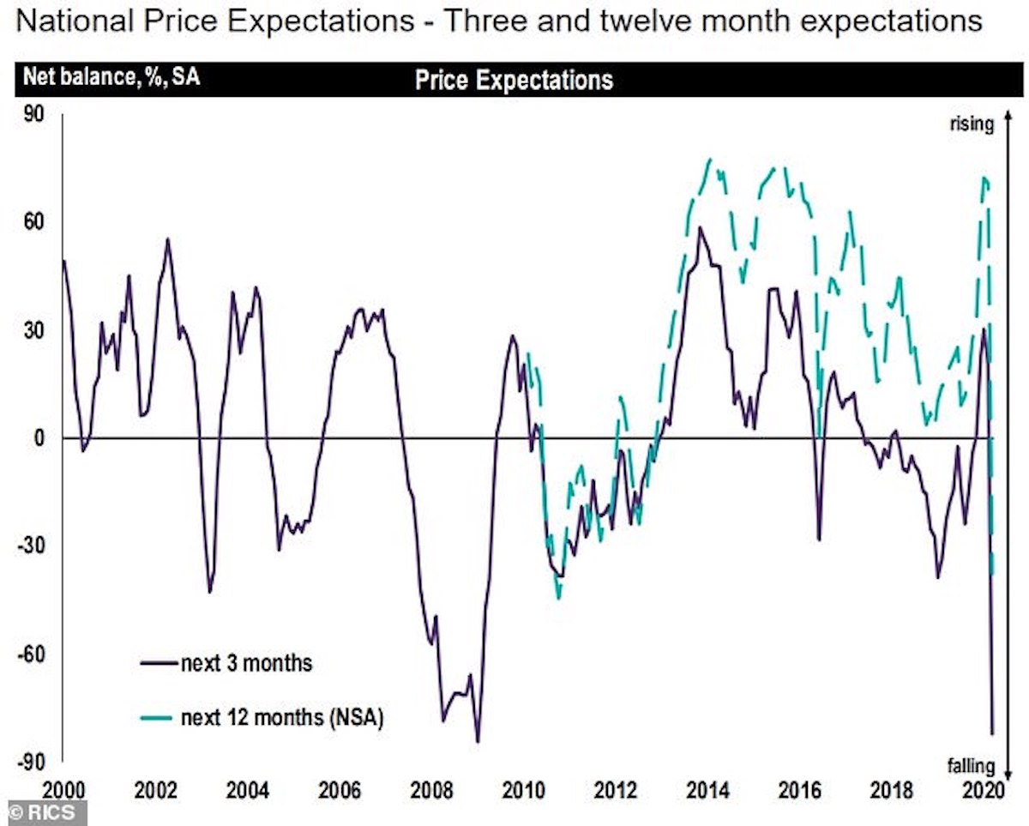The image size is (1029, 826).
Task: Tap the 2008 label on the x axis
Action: pyautogui.click(x=428, y=788)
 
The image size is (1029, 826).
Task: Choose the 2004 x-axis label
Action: pyautogui.click(x=244, y=788)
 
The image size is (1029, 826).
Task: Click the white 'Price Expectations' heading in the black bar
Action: pyautogui.click(x=514, y=81)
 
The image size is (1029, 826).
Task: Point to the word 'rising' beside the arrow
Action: pyautogui.click(x=971, y=124)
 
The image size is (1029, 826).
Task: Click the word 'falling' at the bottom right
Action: pyautogui.click(x=972, y=765)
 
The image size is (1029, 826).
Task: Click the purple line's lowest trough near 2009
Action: pyautogui.click(x=478, y=741)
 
